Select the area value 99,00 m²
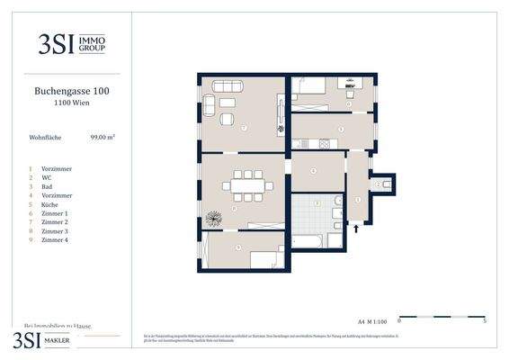[102, 138]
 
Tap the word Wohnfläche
[46, 138]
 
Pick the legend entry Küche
[51, 204]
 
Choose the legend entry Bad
[49, 186]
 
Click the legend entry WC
[48, 177]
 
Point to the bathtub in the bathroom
[309, 241]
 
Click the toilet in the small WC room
[385, 184]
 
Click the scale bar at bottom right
[441, 317]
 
